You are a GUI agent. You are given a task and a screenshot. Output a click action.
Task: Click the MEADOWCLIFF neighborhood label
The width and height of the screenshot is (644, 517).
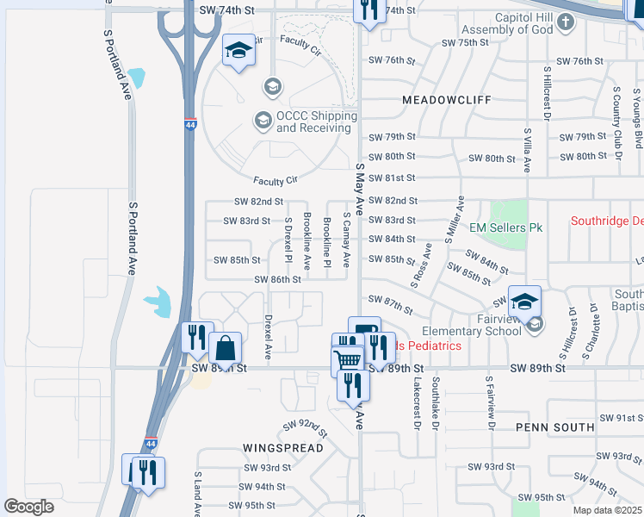click(x=446, y=100)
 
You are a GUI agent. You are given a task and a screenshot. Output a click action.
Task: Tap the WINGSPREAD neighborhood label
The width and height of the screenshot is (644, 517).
click(x=282, y=448)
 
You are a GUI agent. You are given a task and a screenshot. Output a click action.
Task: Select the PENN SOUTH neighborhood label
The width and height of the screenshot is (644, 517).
click(x=555, y=427)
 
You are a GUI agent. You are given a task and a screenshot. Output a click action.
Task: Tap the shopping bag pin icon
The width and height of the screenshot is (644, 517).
click(x=225, y=349)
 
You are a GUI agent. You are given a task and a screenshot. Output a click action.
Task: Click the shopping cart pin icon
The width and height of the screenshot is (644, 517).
click(x=347, y=361)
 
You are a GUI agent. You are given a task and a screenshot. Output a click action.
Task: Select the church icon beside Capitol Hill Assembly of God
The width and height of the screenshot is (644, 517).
click(x=565, y=25)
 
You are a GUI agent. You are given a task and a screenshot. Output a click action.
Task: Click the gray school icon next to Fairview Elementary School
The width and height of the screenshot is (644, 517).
click(x=536, y=324)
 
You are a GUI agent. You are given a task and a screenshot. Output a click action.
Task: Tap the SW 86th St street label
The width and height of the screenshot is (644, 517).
click(x=278, y=279)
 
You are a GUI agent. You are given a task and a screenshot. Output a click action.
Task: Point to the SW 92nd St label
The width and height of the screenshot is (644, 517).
click(x=306, y=426)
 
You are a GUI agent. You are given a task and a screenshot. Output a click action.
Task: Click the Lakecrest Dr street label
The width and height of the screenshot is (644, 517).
click(x=416, y=404)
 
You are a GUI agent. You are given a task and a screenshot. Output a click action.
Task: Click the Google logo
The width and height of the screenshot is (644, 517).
click(x=28, y=507)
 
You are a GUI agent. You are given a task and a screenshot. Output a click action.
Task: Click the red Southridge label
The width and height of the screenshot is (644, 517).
click(x=607, y=221)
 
